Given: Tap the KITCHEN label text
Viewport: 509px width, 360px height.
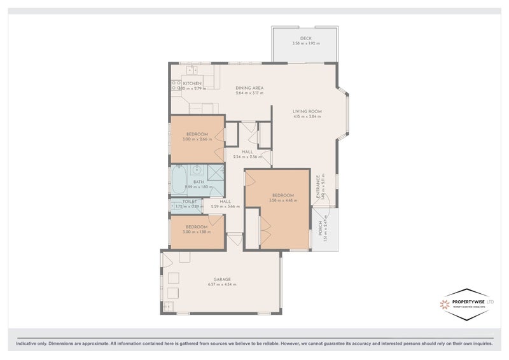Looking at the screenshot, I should (192, 83).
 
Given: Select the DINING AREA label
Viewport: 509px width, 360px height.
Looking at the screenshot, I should (249, 88).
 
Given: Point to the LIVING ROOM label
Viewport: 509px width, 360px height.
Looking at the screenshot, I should (307, 111).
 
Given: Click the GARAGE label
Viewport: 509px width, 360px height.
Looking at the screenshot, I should (221, 279).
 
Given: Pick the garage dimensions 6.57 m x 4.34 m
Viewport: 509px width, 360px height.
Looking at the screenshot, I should (221, 284).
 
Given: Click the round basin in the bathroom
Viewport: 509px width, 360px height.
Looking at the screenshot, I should (198, 170).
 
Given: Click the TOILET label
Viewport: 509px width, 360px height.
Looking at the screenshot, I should (181, 201).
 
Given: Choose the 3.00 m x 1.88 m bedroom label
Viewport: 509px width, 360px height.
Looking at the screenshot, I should (197, 232).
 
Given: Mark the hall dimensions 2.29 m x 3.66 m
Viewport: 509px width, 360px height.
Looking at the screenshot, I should (225, 207).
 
